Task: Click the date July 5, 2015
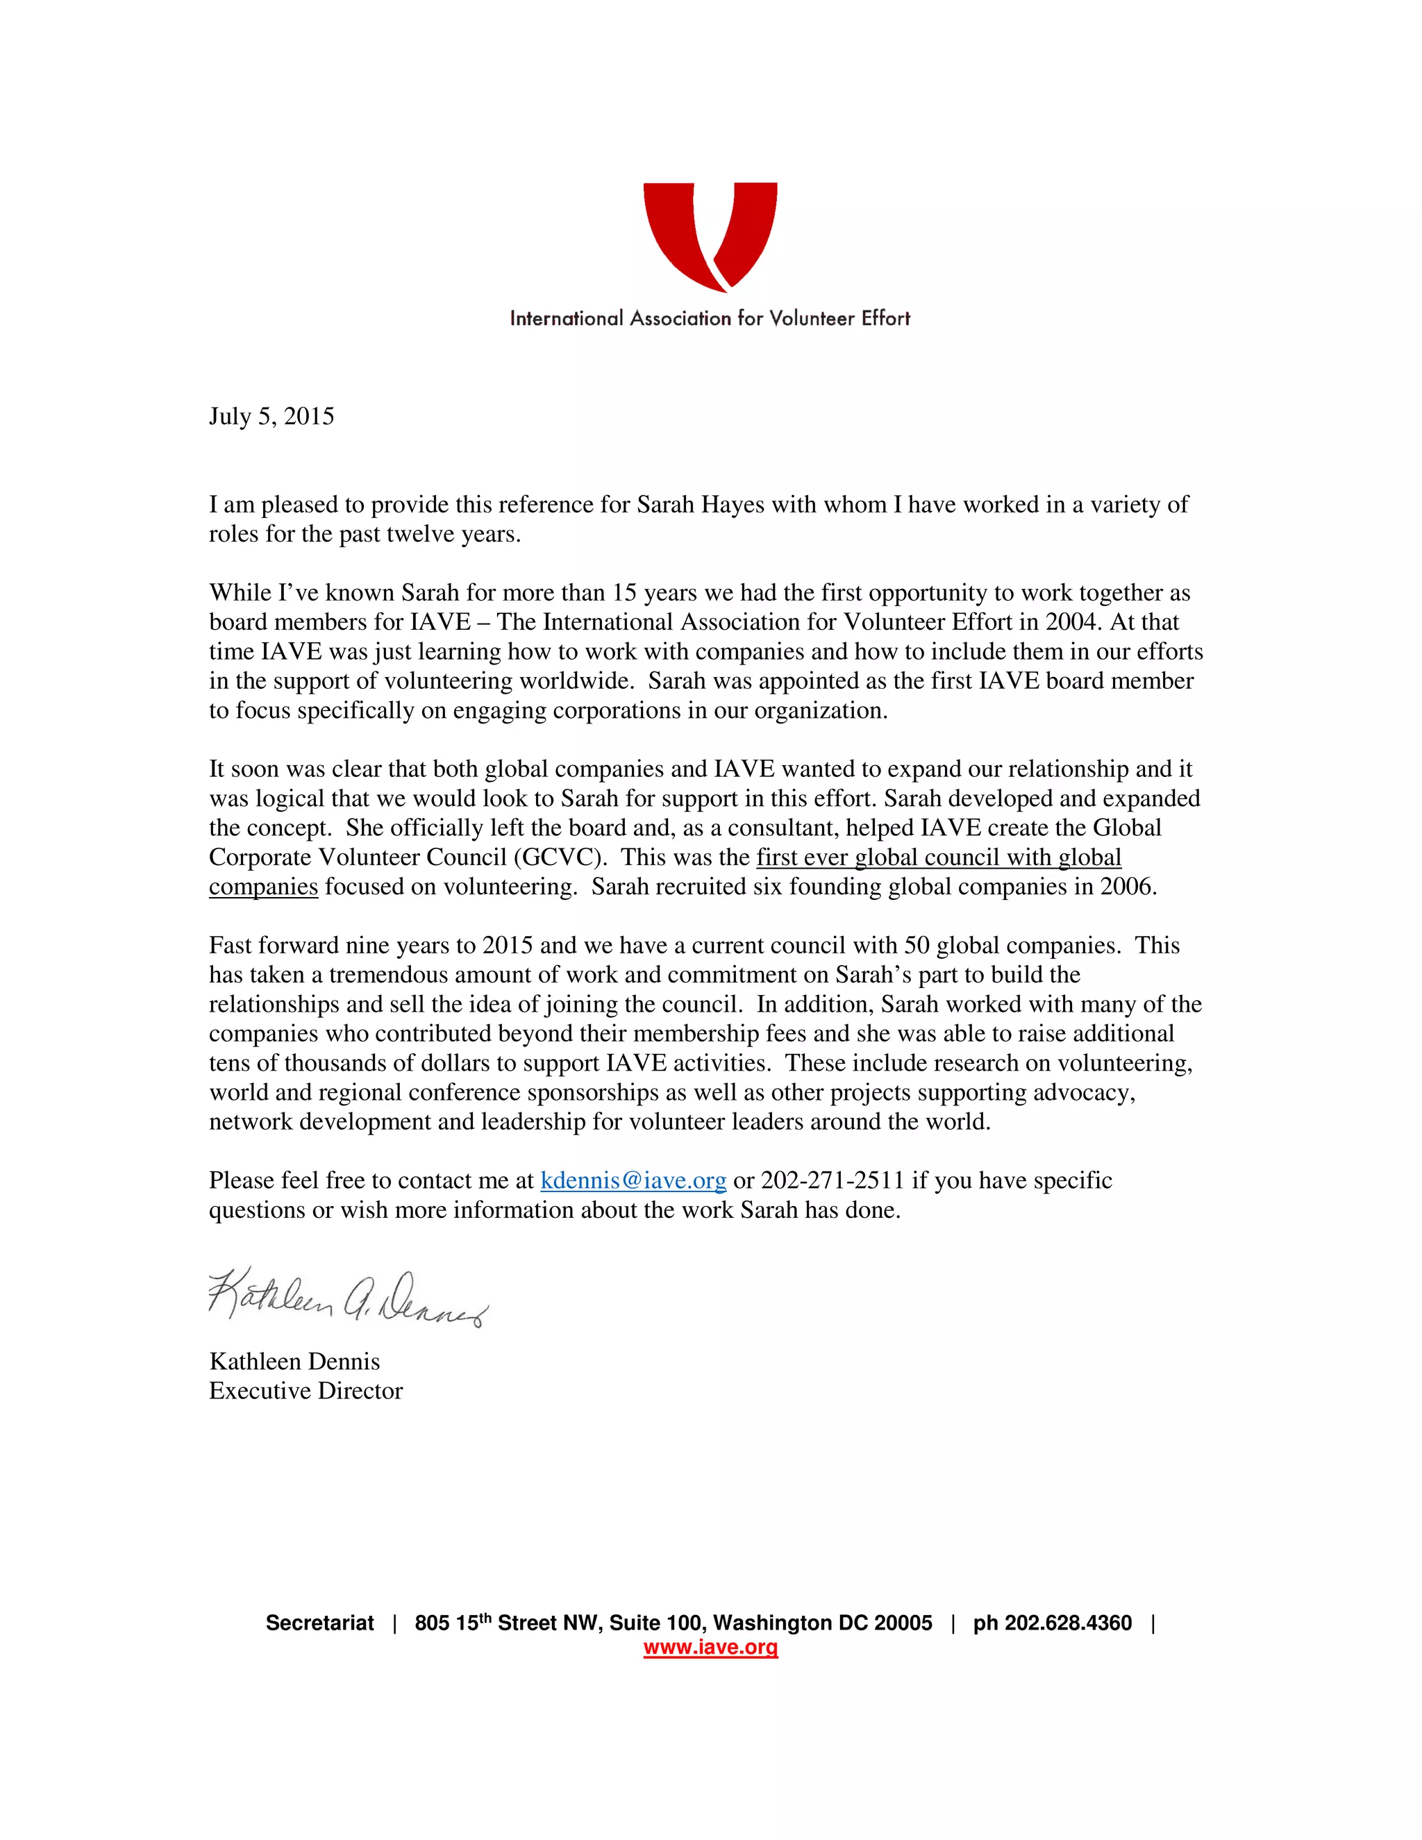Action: coord(271,416)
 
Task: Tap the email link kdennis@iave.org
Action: coord(633,1180)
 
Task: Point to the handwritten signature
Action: coord(347,1298)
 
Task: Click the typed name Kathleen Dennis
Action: coord(294,1362)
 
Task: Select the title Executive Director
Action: coord(306,1391)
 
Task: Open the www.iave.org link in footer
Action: coord(710,1647)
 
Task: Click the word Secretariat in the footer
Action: coord(319,1623)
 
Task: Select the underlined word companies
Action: coord(263,887)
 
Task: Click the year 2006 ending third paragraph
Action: coord(1127,887)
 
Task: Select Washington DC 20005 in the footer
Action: coord(822,1623)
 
